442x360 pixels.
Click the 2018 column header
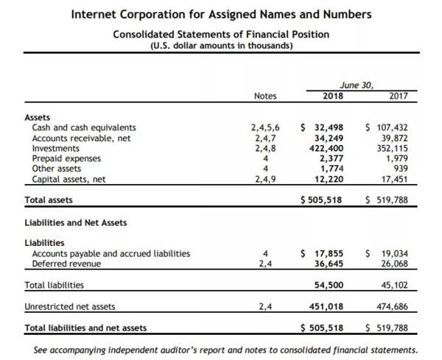click(333, 96)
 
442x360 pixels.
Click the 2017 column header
click(399, 96)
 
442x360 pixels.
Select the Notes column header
click(265, 96)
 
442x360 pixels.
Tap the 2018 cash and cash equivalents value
click(323, 127)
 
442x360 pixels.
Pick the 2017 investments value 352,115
click(393, 148)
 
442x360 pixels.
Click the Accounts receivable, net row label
click(81, 138)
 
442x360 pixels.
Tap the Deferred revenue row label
click(65, 264)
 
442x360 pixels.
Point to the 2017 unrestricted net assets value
click(393, 306)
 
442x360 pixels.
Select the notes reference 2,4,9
click(265, 179)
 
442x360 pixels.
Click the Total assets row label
click(49, 200)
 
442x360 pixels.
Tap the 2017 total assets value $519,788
click(387, 200)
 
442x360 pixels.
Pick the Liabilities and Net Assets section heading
click(76, 222)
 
